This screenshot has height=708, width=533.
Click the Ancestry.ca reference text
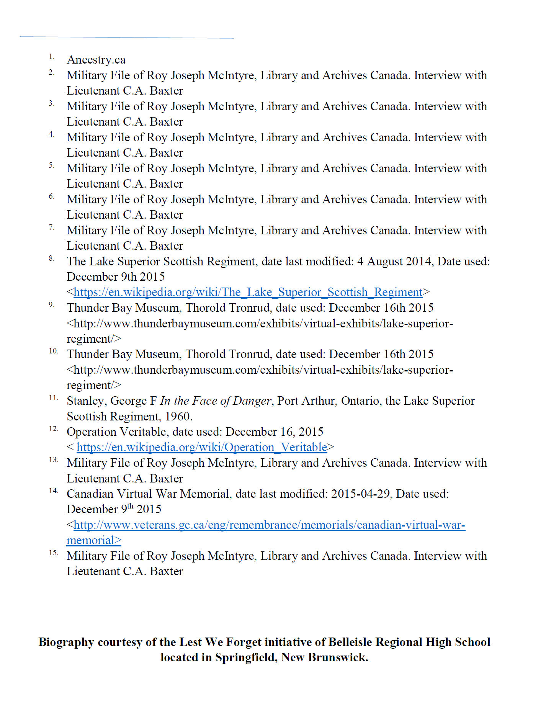click(x=96, y=60)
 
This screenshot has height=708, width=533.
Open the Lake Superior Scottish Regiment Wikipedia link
click(x=248, y=292)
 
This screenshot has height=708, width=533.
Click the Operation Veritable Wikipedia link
click(x=202, y=447)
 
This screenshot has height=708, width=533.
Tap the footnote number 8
click(x=51, y=258)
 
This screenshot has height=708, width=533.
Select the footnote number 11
click(x=53, y=398)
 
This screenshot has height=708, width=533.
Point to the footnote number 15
click(x=53, y=553)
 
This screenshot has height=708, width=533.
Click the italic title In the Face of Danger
click(x=216, y=401)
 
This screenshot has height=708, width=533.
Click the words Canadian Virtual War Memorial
click(x=147, y=494)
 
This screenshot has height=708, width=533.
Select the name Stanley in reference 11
click(x=86, y=401)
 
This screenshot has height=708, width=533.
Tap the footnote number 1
click(x=51, y=57)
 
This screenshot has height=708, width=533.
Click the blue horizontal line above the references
click(x=126, y=38)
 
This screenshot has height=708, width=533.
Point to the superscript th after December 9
click(x=131, y=506)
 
